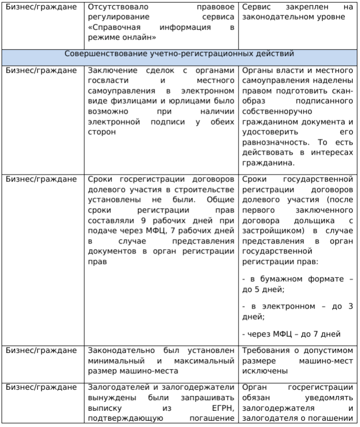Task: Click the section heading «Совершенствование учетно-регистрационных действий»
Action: [x=180, y=54]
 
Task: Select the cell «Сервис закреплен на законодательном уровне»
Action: [x=297, y=13]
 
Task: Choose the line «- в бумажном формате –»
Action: [x=297, y=278]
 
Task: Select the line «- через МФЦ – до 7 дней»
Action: [x=291, y=333]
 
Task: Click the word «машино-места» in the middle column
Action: [x=150, y=370]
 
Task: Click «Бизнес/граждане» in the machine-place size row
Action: [x=40, y=350]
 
